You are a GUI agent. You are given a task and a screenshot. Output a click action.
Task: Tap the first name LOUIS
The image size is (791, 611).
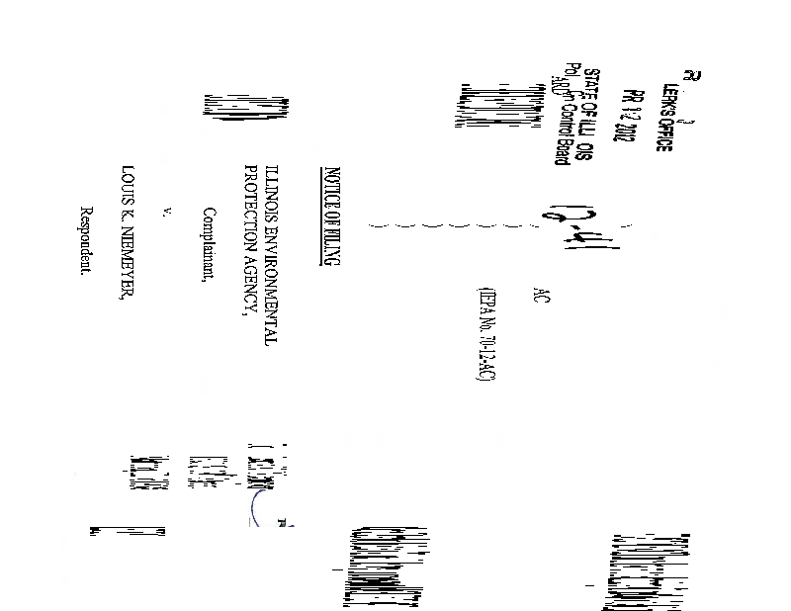(126, 186)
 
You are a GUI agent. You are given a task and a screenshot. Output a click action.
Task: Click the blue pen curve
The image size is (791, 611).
(259, 507)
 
